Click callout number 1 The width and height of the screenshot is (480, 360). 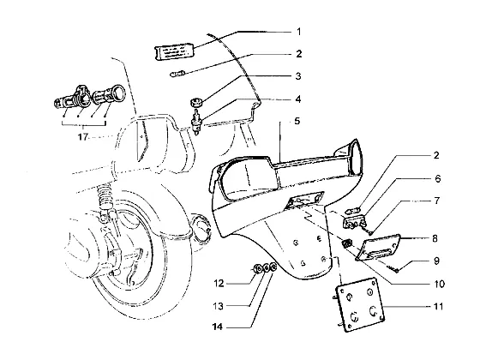(299, 32)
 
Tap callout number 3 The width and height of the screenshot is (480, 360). (298, 76)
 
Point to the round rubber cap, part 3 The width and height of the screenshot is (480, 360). (195, 103)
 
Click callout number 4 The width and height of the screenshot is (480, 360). (298, 99)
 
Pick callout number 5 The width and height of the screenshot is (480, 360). (297, 121)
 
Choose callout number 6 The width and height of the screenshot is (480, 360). (438, 178)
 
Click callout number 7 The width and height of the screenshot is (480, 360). (437, 201)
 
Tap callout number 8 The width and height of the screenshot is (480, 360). (435, 238)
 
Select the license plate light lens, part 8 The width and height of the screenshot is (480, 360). (378, 247)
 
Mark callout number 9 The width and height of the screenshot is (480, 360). (437, 261)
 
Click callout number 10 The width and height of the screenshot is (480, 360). (439, 284)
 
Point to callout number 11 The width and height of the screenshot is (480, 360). (438, 307)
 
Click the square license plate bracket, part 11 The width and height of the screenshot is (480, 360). (360, 304)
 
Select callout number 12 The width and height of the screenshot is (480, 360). (219, 284)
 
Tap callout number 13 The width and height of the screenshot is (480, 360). (219, 306)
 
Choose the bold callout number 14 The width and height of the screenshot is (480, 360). (218, 327)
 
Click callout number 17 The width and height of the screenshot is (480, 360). (82, 137)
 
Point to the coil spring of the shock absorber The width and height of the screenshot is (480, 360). (105, 195)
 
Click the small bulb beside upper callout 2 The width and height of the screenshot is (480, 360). (177, 74)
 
